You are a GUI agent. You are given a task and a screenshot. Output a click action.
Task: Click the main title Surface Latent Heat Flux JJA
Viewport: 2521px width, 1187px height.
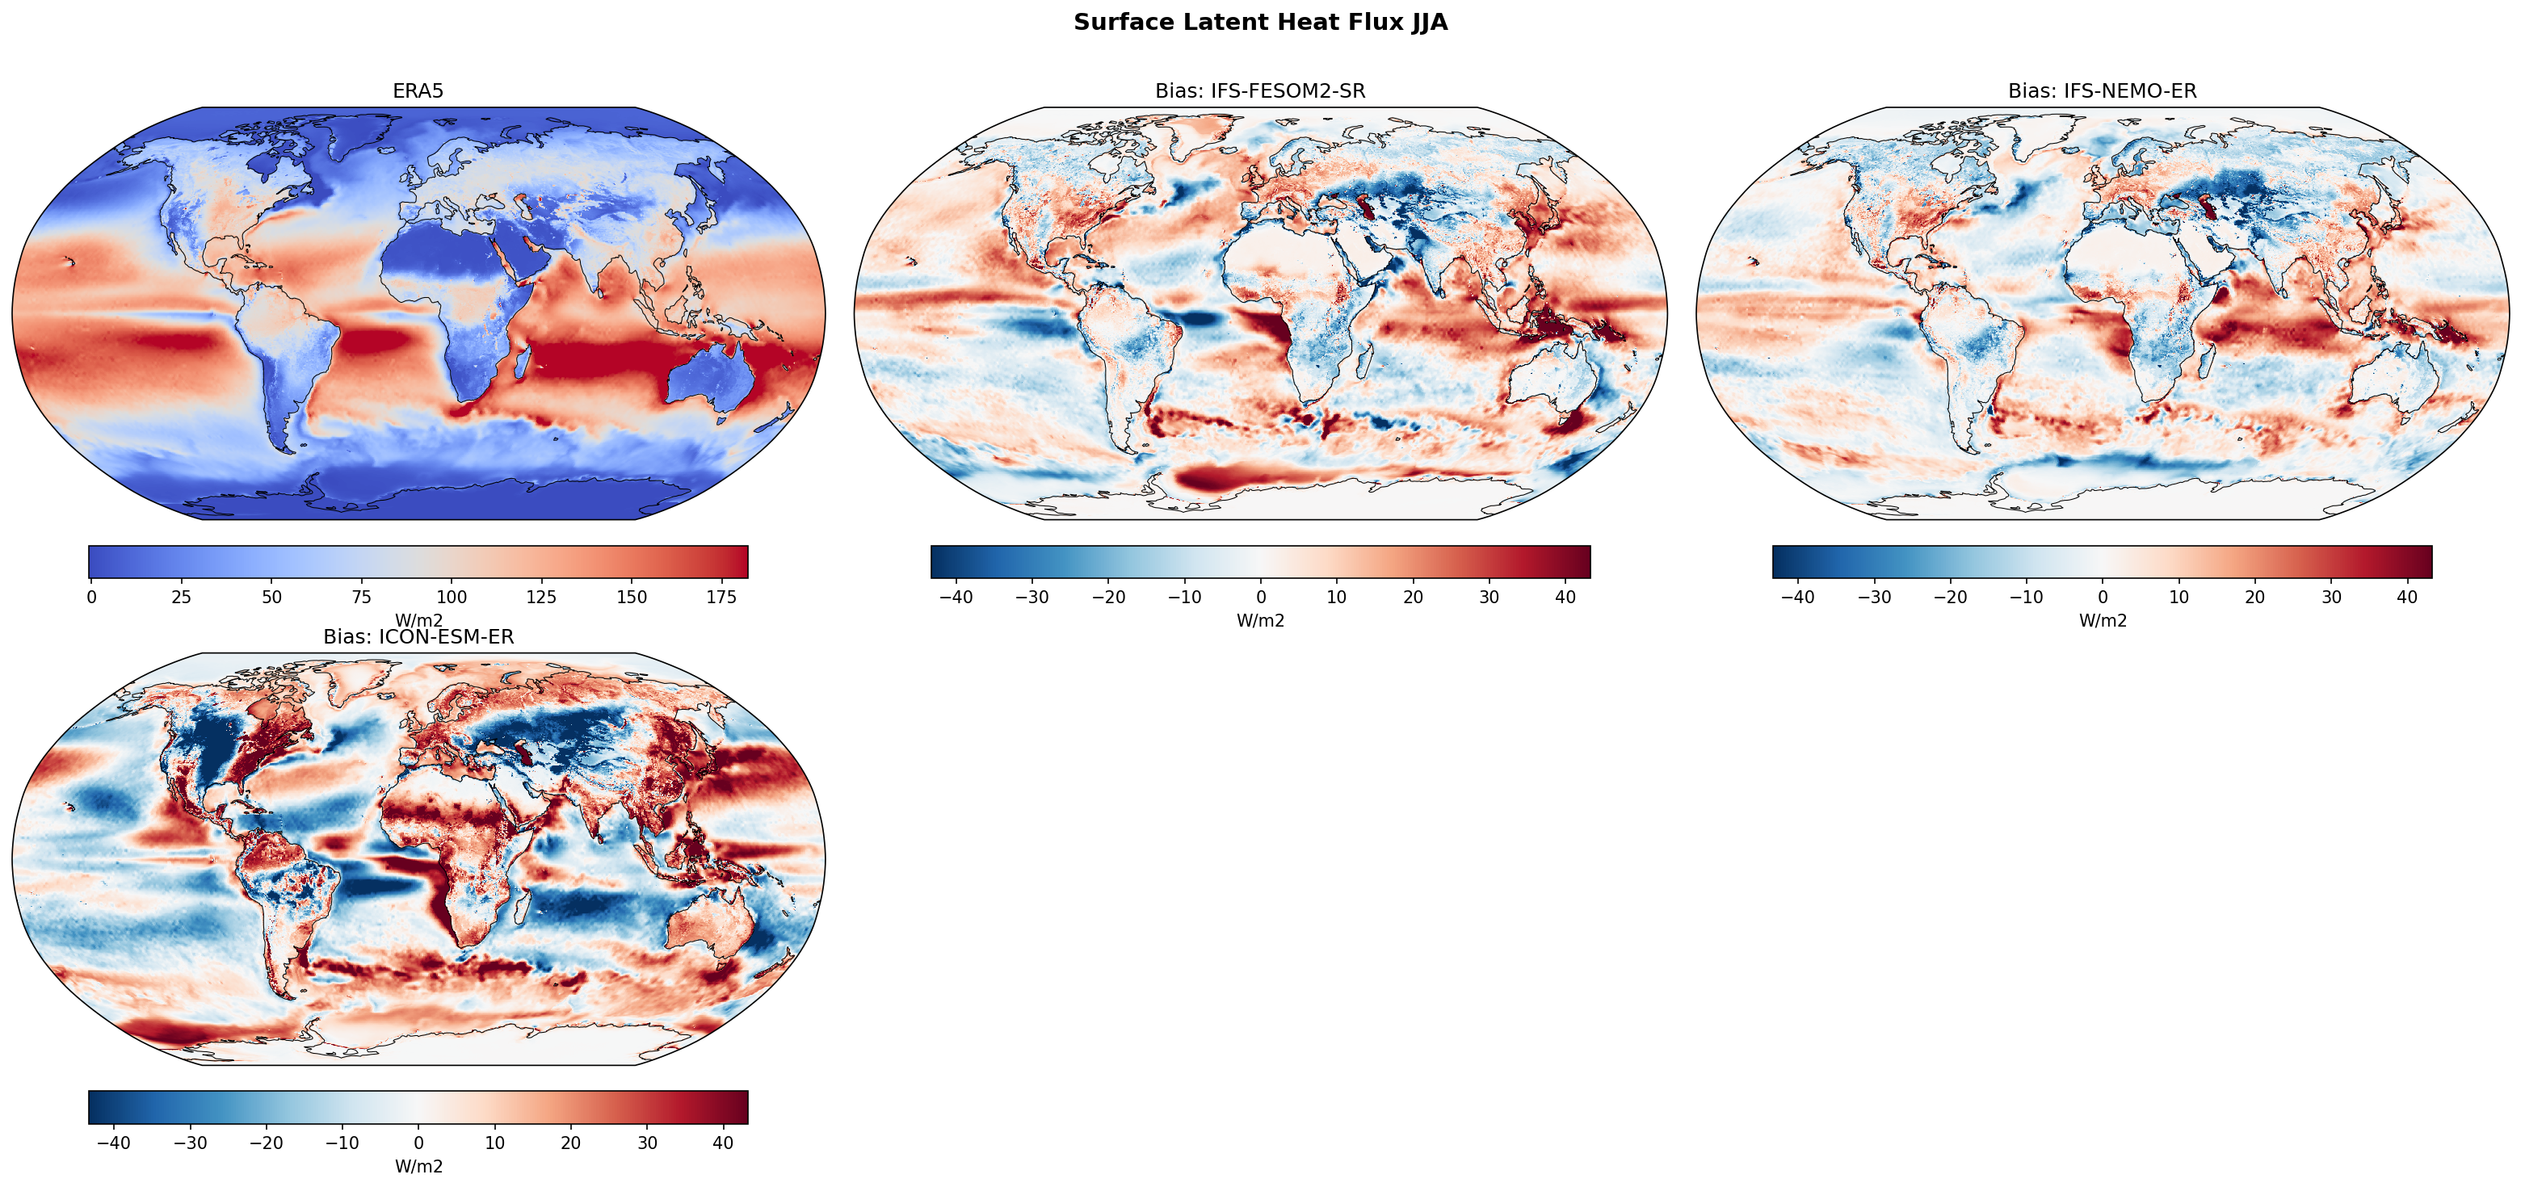coord(1259,23)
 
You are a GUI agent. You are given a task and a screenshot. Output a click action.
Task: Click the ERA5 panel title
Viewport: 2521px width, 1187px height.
coord(418,91)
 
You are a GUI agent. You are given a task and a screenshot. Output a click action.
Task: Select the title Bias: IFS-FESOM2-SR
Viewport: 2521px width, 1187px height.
coord(1259,91)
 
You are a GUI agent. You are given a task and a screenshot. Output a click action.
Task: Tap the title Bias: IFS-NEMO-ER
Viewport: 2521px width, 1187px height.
coord(2102,91)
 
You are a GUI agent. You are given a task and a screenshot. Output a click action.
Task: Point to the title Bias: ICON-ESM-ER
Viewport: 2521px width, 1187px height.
coord(418,637)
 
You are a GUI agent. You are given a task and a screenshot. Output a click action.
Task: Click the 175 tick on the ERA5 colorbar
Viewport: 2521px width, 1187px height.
coord(721,597)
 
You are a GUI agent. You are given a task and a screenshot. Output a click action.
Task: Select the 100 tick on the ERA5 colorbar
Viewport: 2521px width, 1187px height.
coord(452,597)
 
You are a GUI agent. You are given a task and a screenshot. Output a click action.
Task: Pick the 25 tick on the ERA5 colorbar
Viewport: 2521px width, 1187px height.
coord(181,597)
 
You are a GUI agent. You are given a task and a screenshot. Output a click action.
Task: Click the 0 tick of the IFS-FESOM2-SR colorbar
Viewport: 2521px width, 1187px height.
coord(1260,597)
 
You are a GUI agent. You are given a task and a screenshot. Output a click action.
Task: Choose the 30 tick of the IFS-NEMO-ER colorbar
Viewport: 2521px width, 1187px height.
coord(2331,597)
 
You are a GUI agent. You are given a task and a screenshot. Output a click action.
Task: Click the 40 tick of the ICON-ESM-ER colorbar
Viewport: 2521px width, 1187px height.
coord(723,1143)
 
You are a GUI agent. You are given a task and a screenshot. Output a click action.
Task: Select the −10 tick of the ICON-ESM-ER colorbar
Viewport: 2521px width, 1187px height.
coord(342,1143)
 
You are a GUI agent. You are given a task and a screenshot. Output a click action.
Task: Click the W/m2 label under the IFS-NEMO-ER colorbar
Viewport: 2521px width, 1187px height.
coord(2102,620)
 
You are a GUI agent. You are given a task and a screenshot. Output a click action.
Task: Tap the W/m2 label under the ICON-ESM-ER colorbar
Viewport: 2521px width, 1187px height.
coord(418,1167)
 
